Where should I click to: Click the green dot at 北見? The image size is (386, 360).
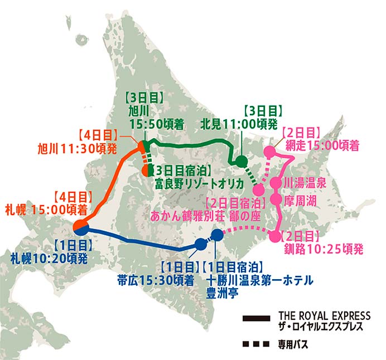coord(242,162)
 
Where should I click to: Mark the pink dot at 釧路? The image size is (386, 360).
coord(274,236)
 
